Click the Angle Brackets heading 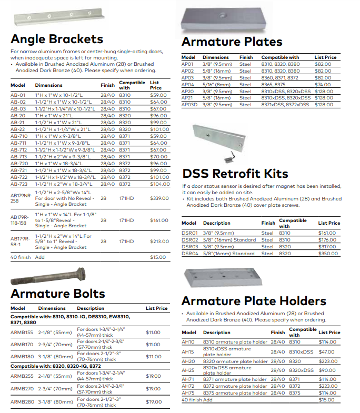pos(57,39)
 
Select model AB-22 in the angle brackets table pos(18,129)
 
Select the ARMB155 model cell pos(22,333)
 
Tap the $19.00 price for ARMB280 pos(154,402)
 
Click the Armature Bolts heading pos(58,293)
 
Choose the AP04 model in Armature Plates pos(188,84)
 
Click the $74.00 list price pos(323,84)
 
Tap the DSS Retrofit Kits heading pos(235,174)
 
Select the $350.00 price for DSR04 pos(329,254)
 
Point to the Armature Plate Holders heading pos(254,301)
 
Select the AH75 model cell pos(188,393)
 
